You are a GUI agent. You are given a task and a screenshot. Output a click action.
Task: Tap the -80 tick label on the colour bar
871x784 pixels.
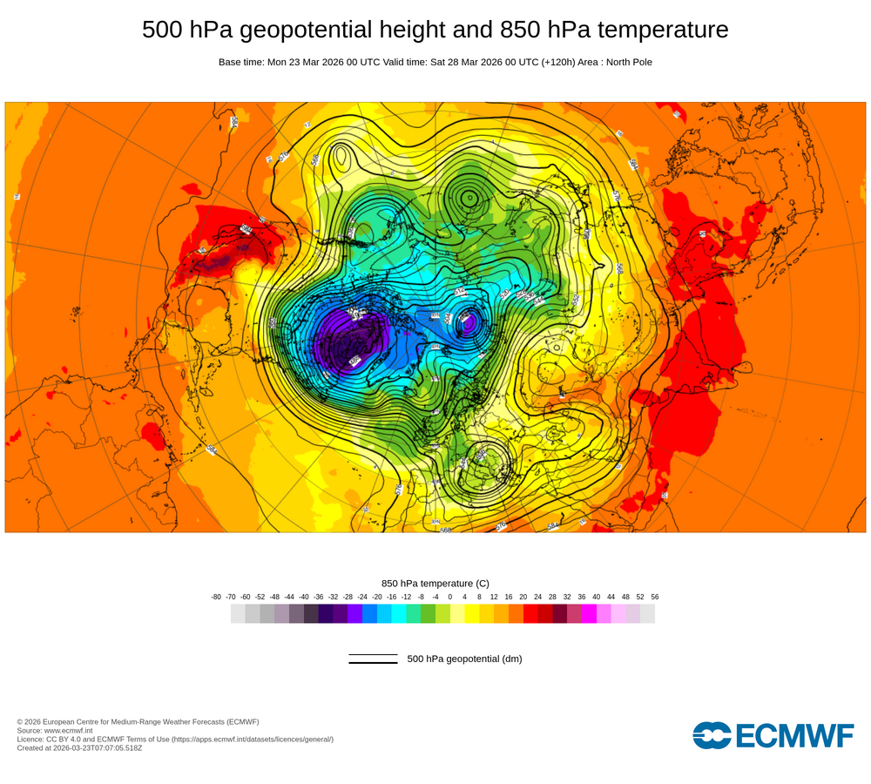point(216,597)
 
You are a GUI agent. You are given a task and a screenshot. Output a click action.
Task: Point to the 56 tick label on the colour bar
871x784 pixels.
point(655,597)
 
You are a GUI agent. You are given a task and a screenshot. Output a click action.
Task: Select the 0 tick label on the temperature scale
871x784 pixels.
point(450,597)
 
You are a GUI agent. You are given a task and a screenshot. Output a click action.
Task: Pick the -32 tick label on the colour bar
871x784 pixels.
point(333,597)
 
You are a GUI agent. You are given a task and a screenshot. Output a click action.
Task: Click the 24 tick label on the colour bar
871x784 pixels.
point(538,597)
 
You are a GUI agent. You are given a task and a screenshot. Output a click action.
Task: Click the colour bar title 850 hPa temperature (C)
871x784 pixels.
point(435,583)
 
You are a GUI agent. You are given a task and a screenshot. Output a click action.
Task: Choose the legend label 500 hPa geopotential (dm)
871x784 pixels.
point(464,659)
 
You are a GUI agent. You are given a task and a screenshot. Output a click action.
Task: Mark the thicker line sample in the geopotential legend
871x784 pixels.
point(373,663)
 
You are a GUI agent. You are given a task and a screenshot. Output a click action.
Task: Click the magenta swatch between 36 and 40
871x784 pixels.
point(589,613)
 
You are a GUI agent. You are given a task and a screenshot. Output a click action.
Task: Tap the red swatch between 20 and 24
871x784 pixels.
point(530,613)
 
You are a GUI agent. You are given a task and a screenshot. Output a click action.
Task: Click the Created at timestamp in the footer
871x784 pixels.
point(79,747)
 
